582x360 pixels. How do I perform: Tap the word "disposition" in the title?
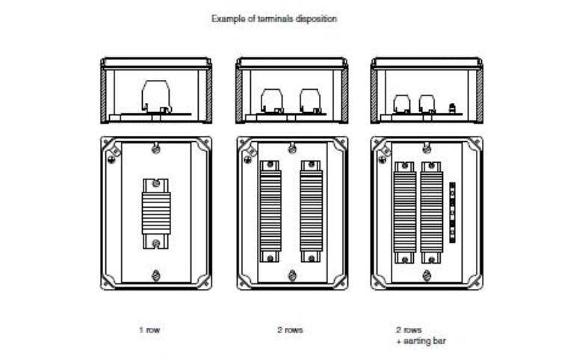point(317,18)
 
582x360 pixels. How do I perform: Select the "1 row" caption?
point(149,329)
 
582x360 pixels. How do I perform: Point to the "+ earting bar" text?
point(421,340)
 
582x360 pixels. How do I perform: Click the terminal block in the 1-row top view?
point(156,213)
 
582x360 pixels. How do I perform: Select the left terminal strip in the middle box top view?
point(270,211)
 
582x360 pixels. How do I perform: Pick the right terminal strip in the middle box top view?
point(312,211)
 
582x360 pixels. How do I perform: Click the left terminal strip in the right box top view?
point(403,211)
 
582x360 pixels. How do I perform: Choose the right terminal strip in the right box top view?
point(430,211)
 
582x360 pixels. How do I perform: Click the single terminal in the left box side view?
point(158,96)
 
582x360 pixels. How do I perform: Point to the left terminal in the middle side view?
point(270,100)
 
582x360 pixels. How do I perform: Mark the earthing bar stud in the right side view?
point(452,108)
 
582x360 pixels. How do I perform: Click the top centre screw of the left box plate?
point(156,149)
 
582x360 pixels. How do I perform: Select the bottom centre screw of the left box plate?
point(156,275)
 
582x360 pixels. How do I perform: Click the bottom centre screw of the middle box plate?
point(291,275)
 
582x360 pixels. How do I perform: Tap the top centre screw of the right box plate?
point(427,149)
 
